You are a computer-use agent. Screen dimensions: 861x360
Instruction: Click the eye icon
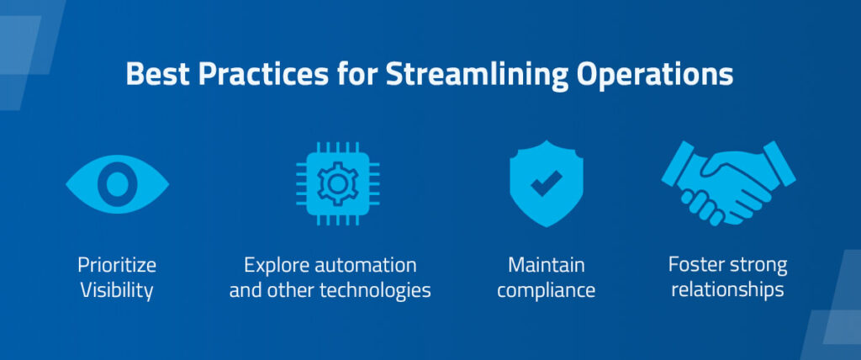118,184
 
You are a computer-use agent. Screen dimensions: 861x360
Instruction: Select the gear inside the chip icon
338,183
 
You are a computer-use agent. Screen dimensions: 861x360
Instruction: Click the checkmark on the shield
547,183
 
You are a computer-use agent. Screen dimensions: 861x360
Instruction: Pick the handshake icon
729,183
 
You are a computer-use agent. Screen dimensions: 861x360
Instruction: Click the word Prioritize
117,266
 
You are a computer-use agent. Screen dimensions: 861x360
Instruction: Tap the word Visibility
117,290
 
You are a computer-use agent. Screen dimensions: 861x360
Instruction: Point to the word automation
366,266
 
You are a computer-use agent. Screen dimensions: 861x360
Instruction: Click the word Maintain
547,266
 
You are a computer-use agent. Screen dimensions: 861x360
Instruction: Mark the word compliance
547,291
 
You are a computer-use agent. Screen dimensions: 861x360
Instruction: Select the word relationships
728,289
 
